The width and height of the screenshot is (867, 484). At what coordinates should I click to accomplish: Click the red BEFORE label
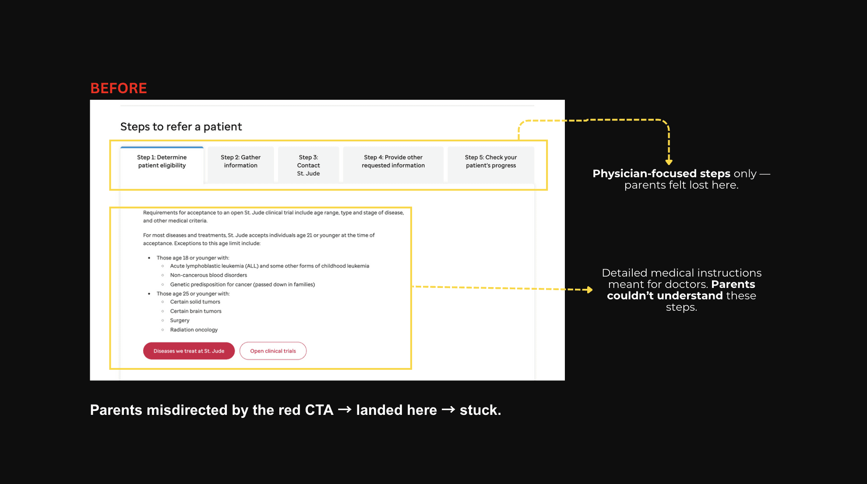point(118,88)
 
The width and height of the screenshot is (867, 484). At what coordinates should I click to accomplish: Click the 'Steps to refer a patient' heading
point(181,127)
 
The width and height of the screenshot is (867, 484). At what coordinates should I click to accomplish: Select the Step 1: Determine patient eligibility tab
point(162,161)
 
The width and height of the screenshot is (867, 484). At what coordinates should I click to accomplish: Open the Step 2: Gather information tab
point(240,161)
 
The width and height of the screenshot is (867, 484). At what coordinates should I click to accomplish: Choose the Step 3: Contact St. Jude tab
point(308,165)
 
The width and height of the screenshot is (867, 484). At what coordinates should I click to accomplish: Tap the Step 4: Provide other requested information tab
point(393,161)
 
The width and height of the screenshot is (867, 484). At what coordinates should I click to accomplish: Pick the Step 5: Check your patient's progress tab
point(490,161)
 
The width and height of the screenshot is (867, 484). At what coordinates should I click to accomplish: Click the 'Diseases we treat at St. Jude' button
point(189,351)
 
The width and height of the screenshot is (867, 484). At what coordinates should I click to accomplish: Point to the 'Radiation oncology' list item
point(194,330)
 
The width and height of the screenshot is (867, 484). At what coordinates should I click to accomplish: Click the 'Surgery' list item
point(180,321)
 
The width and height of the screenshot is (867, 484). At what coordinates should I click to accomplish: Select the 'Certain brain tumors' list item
point(196,312)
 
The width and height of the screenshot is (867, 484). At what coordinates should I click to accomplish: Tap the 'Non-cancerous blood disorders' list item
point(208,275)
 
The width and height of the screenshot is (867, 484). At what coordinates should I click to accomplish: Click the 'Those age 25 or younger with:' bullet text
point(193,294)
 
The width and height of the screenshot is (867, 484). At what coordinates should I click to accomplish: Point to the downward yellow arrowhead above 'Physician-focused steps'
point(669,162)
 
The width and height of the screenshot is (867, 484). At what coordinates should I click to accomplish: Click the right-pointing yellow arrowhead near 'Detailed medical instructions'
point(590,290)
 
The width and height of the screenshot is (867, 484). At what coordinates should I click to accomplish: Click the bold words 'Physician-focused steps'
point(661,174)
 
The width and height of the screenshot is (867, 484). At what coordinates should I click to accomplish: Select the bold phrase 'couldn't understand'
point(665,296)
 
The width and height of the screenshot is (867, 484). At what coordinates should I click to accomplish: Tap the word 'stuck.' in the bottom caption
point(480,410)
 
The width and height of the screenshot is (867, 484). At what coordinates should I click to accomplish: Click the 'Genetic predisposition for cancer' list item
point(242,285)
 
